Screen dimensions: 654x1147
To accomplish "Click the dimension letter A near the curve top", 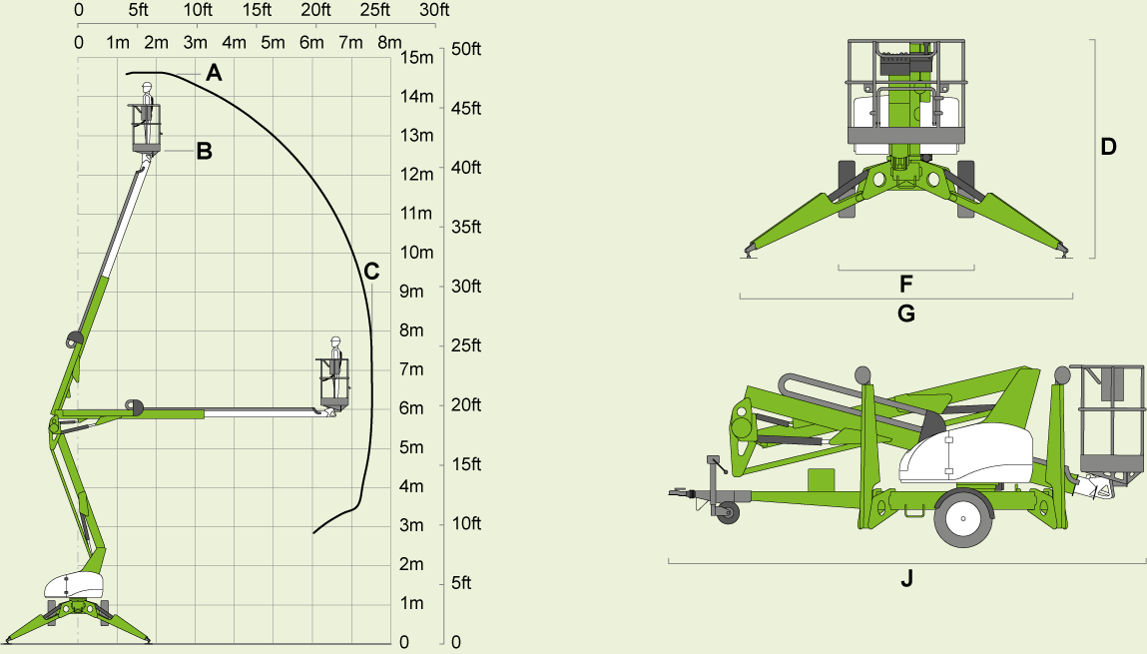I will click(214, 72).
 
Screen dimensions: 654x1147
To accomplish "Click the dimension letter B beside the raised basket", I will click(204, 152).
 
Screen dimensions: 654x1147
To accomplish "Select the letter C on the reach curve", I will click(371, 271).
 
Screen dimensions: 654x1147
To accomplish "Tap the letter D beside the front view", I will click(1108, 146).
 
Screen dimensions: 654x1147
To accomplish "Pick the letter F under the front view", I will click(906, 283).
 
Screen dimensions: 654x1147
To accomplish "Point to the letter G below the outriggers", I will click(906, 314).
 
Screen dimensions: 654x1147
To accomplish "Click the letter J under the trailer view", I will click(906, 578).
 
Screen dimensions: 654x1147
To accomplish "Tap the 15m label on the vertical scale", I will click(416, 57).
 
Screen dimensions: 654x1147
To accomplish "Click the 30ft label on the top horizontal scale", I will click(434, 10).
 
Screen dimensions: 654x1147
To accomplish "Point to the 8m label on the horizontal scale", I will click(388, 42).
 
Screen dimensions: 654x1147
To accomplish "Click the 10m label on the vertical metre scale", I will click(416, 252).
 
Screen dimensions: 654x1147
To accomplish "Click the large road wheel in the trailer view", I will click(964, 517).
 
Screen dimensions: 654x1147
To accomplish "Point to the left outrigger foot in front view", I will click(748, 252).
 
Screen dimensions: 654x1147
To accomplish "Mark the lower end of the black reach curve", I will click(314, 532).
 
